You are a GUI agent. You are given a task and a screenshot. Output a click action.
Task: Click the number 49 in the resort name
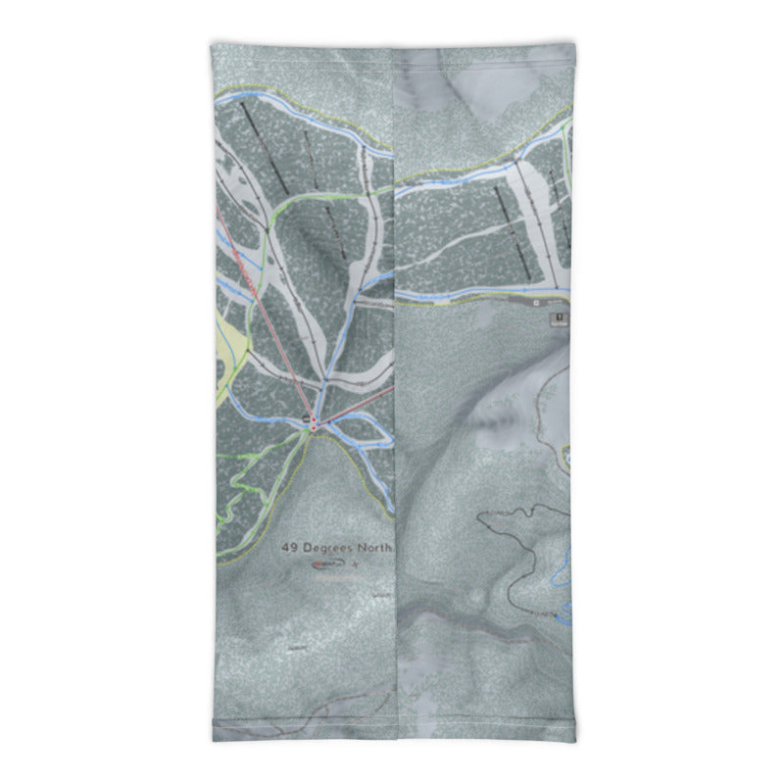tap(290, 548)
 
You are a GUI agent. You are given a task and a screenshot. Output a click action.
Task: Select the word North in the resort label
tap(373, 548)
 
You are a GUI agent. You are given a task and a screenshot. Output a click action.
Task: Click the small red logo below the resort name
tap(323, 565)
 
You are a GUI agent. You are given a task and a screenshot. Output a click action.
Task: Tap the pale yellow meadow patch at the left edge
tap(233, 353)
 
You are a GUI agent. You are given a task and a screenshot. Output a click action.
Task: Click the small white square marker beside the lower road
tap(536, 304)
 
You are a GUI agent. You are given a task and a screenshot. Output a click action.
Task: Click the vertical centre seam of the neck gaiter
tap(395, 392)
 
